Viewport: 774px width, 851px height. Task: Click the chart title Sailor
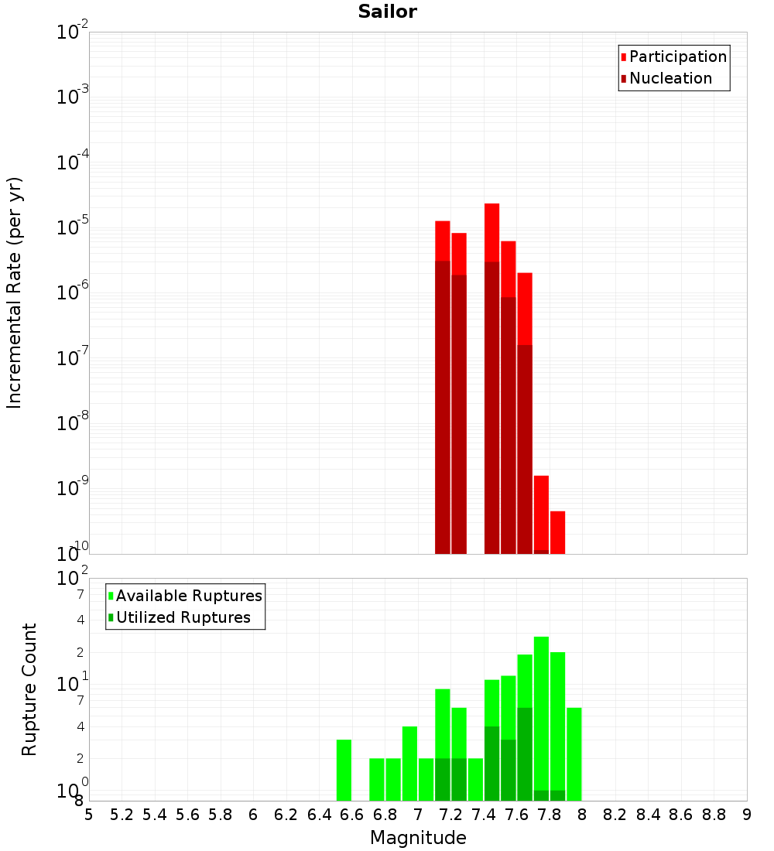(387, 12)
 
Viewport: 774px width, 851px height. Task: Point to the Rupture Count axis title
(29, 689)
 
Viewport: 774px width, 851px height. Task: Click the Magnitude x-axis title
(418, 838)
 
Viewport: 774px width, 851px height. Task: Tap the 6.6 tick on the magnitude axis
(352, 815)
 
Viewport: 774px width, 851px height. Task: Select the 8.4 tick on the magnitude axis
(649, 815)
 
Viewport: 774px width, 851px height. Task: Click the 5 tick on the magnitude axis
(89, 815)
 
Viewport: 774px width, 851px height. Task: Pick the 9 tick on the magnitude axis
(747, 815)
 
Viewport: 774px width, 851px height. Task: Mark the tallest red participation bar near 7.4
(491, 232)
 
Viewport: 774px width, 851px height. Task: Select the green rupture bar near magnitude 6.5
(344, 770)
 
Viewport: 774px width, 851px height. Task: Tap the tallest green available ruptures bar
(541, 712)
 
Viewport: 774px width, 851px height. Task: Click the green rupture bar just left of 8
(574, 754)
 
